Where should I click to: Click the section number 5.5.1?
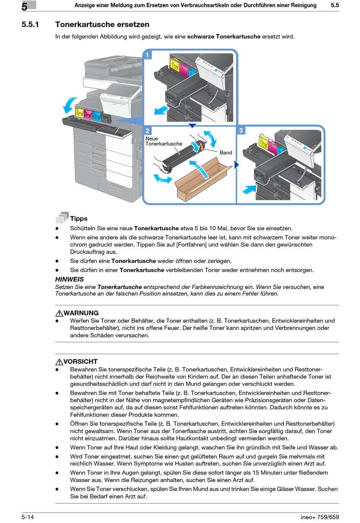[30, 24]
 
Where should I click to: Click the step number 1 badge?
[147, 55]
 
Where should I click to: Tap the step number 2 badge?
[147, 131]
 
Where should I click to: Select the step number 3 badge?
[241, 130]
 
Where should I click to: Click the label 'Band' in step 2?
[225, 152]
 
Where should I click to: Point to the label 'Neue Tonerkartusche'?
[164, 141]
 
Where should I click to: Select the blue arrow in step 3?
[249, 188]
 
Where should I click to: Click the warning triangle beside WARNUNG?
[59, 313]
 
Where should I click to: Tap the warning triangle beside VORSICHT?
[59, 362]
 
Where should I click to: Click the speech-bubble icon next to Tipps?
[62, 218]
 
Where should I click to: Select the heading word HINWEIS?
[69, 279]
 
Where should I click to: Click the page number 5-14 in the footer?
[28, 517]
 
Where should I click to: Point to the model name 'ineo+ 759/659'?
[319, 517]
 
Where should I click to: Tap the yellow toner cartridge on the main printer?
[79, 113]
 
